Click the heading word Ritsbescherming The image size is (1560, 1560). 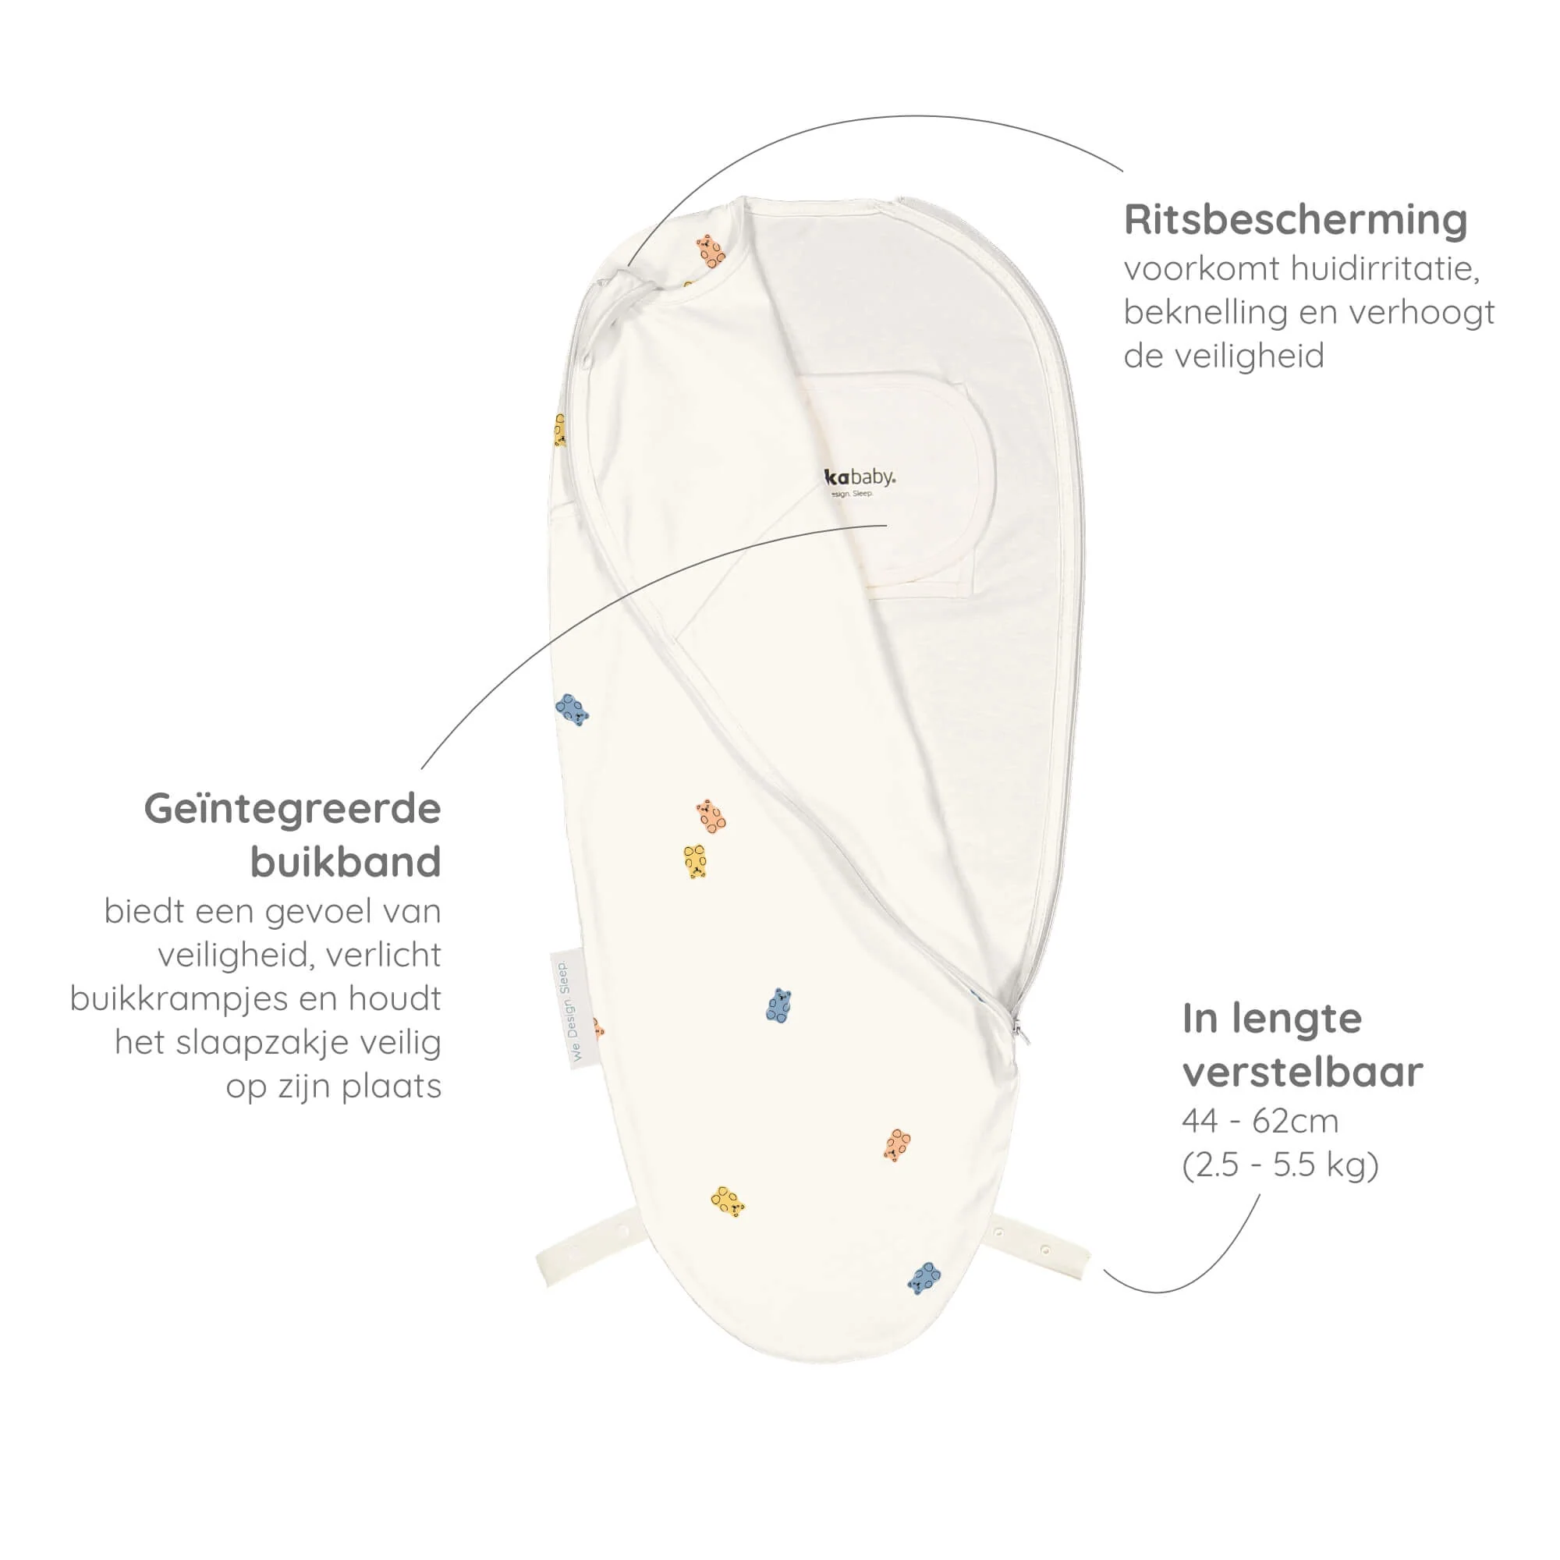tap(1295, 220)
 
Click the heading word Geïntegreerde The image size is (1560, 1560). tap(292, 808)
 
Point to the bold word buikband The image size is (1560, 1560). tap(346, 862)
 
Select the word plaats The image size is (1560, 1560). tap(391, 1086)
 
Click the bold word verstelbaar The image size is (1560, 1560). tap(1303, 1072)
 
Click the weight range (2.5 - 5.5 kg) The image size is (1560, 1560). tap(1280, 1165)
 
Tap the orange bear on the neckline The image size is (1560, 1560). tap(710, 252)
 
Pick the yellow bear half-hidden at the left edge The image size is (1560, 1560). tap(559, 431)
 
